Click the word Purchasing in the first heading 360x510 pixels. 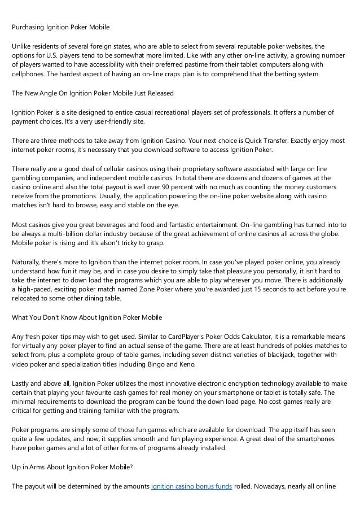(x=28, y=27)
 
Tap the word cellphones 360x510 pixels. (x=29, y=75)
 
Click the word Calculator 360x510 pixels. (x=219, y=337)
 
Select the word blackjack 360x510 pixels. (x=282, y=354)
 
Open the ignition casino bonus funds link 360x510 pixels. (x=192, y=485)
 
